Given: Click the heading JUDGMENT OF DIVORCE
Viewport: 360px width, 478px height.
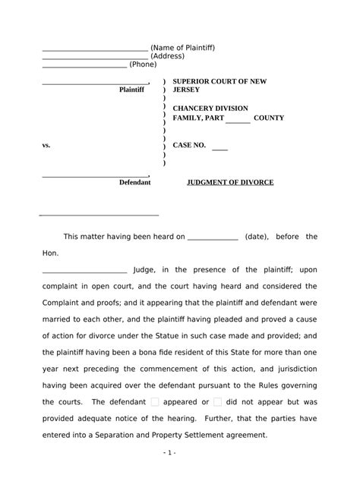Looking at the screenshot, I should [x=230, y=183].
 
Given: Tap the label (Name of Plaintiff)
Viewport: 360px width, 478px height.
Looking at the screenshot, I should [x=183, y=48].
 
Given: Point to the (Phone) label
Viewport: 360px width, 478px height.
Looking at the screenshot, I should [x=144, y=64].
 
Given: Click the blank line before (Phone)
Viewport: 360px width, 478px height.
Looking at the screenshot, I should [x=84, y=67].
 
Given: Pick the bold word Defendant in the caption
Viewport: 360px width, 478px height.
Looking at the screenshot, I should [x=135, y=183].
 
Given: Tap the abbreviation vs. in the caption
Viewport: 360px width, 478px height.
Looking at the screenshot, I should [x=46, y=145].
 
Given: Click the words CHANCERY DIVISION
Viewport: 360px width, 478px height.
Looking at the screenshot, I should [x=210, y=108].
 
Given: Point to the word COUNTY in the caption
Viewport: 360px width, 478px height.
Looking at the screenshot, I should [x=269, y=118].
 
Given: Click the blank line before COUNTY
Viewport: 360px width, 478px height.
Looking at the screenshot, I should [x=238, y=121].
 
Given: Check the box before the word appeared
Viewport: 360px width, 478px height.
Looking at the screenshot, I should [x=155, y=402].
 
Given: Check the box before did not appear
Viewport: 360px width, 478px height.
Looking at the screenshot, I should [x=218, y=402].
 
